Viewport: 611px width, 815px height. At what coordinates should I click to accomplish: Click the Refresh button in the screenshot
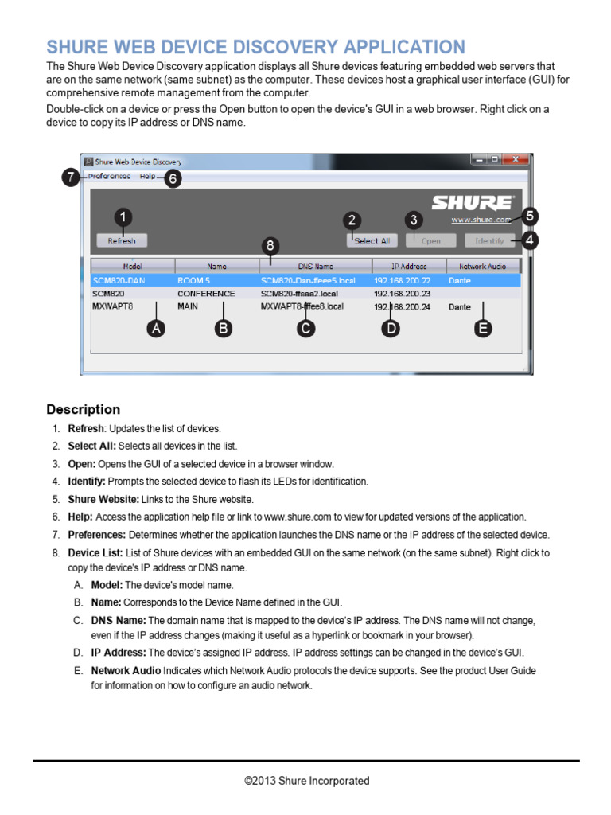point(122,240)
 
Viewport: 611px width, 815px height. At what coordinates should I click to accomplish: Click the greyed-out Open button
point(430,240)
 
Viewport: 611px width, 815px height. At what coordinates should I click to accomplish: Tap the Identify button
point(489,240)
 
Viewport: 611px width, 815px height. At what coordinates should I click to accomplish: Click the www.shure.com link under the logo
point(481,220)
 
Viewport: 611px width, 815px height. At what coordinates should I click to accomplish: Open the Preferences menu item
point(109,176)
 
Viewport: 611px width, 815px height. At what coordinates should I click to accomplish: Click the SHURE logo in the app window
point(473,202)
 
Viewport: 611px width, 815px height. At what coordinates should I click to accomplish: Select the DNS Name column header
point(316,266)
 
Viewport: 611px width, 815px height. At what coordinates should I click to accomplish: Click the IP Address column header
point(409,266)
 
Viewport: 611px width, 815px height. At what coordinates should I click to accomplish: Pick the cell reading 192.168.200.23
point(402,294)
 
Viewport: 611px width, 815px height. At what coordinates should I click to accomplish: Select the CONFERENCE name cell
point(206,294)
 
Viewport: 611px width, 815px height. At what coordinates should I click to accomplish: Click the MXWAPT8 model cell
point(113,306)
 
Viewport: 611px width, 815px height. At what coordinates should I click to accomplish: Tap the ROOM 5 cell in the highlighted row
point(194,280)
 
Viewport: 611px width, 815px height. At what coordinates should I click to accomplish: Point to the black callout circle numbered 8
point(271,246)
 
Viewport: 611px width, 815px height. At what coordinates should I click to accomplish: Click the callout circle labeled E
point(482,328)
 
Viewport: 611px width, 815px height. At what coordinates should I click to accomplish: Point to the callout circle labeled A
point(157,328)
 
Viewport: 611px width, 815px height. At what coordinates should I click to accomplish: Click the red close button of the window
point(517,160)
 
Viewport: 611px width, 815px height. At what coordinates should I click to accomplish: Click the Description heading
point(84,410)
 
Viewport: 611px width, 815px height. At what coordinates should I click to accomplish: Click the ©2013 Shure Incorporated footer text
point(306,781)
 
